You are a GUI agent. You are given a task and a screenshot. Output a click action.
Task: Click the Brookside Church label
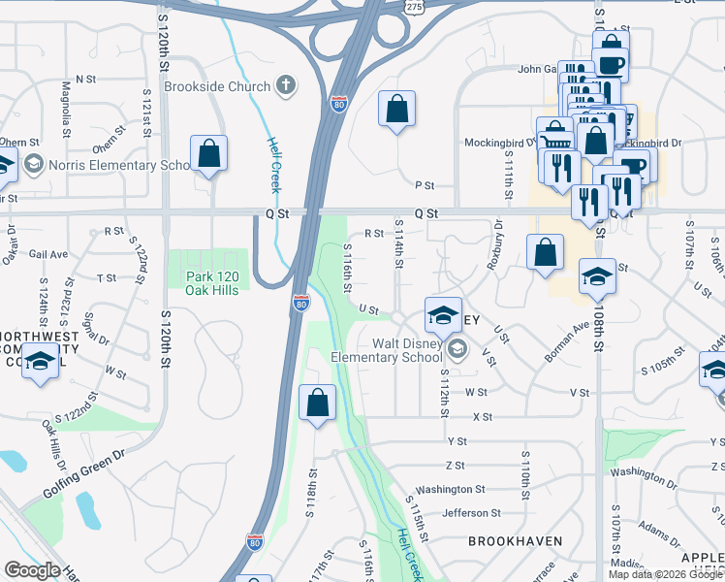point(217,86)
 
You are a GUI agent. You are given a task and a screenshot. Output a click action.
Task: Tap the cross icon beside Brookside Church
point(285,85)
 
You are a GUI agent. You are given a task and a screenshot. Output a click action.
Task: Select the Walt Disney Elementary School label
point(398,350)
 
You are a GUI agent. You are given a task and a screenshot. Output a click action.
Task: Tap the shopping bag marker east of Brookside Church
point(397,111)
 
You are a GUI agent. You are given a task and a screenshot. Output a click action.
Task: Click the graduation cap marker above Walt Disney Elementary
point(443,315)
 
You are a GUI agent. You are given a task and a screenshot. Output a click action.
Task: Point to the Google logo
point(33,570)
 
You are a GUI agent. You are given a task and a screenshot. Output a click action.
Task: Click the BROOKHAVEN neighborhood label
point(509,539)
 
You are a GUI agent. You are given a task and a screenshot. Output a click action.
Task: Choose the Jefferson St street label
point(471,513)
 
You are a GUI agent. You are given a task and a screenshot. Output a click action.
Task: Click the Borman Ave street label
point(567,342)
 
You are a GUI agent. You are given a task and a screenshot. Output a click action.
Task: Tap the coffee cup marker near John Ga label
point(611,66)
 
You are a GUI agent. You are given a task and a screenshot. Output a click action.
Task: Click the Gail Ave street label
point(48,254)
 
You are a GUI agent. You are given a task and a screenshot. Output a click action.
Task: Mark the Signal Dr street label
point(95,327)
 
